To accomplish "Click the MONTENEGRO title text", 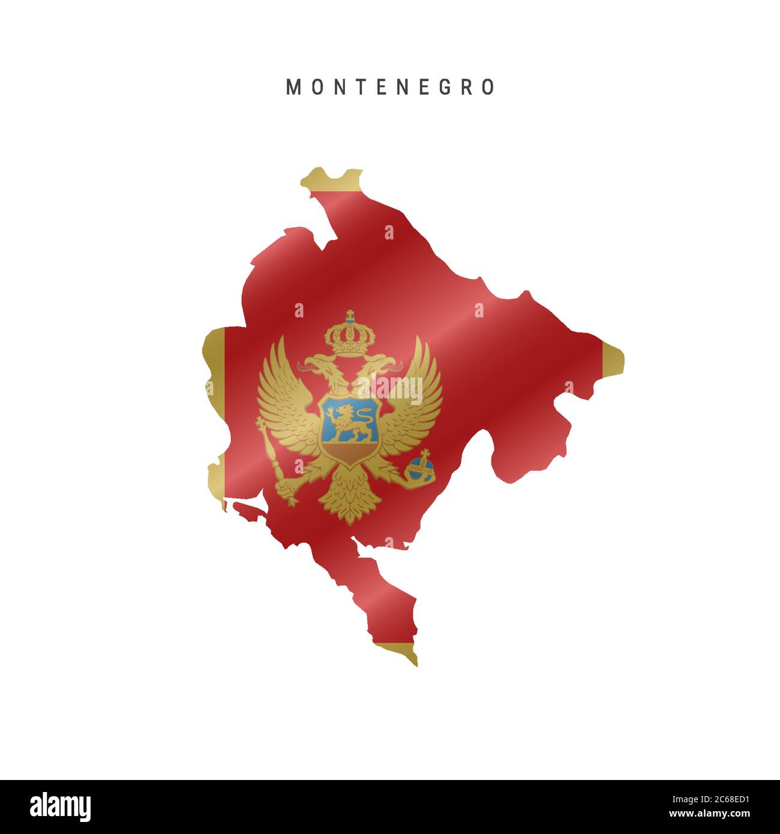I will pos(391,87).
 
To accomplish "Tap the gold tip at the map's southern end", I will pos(402,651).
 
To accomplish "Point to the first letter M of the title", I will pos(293,87).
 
